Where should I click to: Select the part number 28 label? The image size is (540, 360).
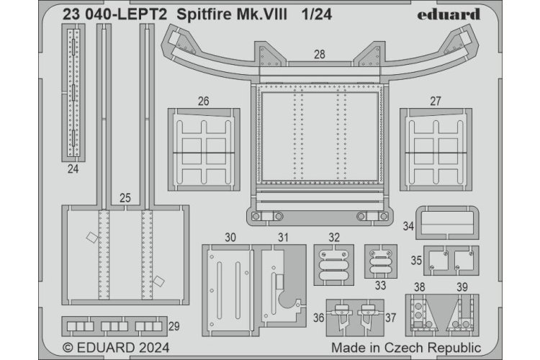click(319, 53)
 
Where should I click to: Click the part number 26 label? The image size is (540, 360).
click(204, 102)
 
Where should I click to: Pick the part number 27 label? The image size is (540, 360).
click(436, 102)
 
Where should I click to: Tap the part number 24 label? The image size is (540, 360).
click(73, 170)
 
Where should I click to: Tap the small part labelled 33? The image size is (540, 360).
click(379, 263)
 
